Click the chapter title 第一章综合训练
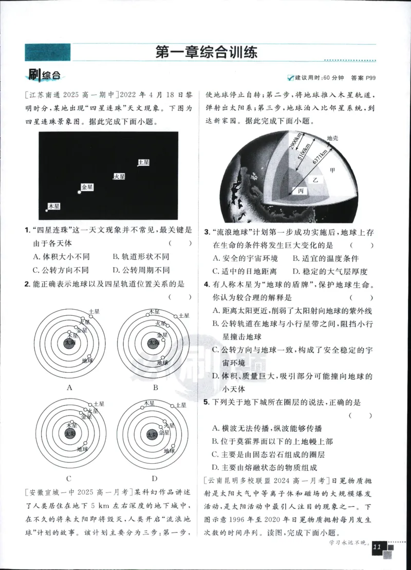[206, 52]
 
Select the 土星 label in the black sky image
[144, 162]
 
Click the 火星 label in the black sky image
[120, 176]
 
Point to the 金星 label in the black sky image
[87, 187]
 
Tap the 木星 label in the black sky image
[54, 206]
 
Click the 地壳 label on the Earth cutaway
[333, 138]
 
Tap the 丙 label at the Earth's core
[301, 191]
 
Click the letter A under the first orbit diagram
[69, 388]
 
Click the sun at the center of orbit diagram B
[153, 343]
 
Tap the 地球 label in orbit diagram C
[83, 449]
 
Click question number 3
[206, 233]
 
